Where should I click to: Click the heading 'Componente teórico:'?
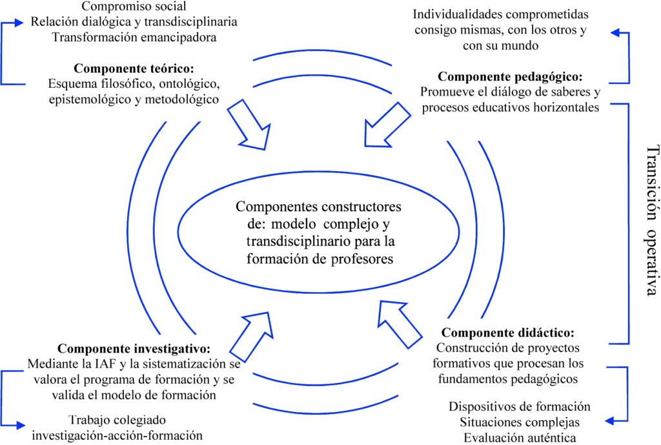[134, 68]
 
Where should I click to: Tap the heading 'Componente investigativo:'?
[134, 347]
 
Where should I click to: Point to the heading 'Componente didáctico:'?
[507, 334]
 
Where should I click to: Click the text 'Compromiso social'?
[134, 7]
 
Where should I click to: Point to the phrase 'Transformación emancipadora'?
[134, 37]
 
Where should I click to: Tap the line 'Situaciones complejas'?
[520, 422]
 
